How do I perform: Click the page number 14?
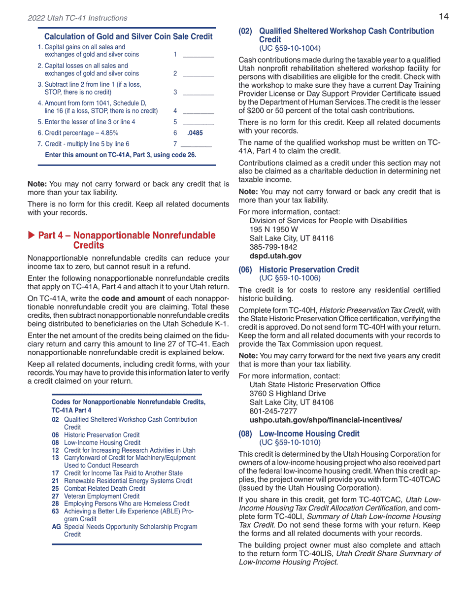coord(443,17)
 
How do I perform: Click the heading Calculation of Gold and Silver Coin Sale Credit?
coord(128,36)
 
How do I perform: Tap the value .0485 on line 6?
coord(195,133)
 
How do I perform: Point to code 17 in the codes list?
coord(55,473)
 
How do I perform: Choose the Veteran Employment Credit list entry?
coord(101,496)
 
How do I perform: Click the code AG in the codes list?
coord(56,527)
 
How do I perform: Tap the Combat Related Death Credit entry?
coord(104,488)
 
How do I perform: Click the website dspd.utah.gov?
coord(275,256)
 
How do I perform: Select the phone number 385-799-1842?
coord(273,247)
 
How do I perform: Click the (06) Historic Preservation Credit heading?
coord(299,269)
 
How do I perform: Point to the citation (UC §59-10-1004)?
coord(290,48)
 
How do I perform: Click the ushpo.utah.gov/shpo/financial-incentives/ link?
coord(326,420)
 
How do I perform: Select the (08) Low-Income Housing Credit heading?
coord(299,434)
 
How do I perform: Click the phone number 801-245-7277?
coord(273,411)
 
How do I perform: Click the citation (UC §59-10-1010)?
coord(290,442)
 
